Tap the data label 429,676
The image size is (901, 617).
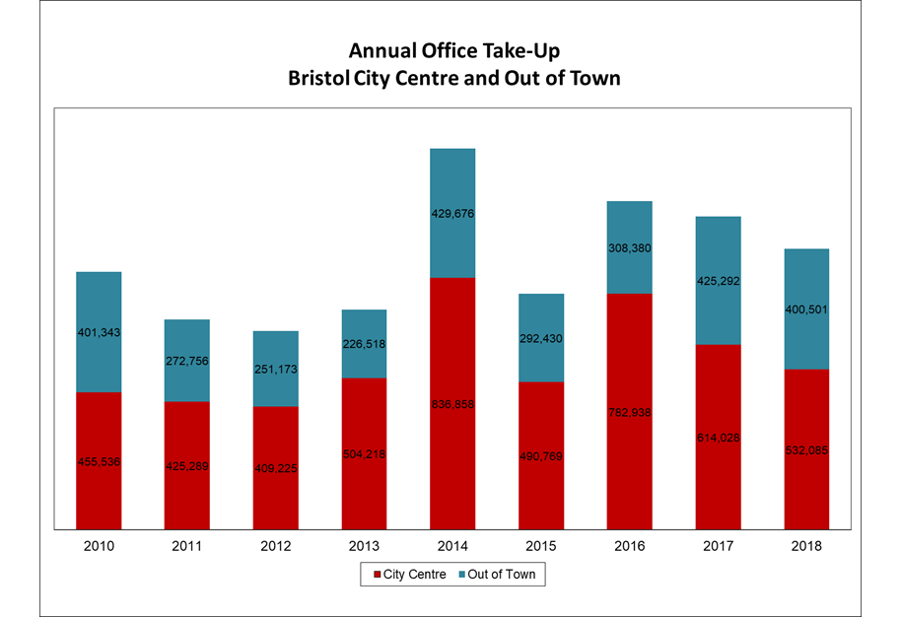point(452,213)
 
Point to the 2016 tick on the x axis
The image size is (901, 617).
point(629,545)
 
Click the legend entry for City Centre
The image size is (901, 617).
point(406,574)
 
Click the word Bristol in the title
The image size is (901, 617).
point(318,78)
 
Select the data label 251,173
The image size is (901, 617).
point(276,369)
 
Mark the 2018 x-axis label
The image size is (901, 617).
point(806,545)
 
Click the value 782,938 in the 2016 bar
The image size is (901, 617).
point(629,412)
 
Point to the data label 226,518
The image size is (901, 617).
point(364,344)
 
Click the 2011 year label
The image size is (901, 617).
point(187,545)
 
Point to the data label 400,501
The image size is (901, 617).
point(806,309)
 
